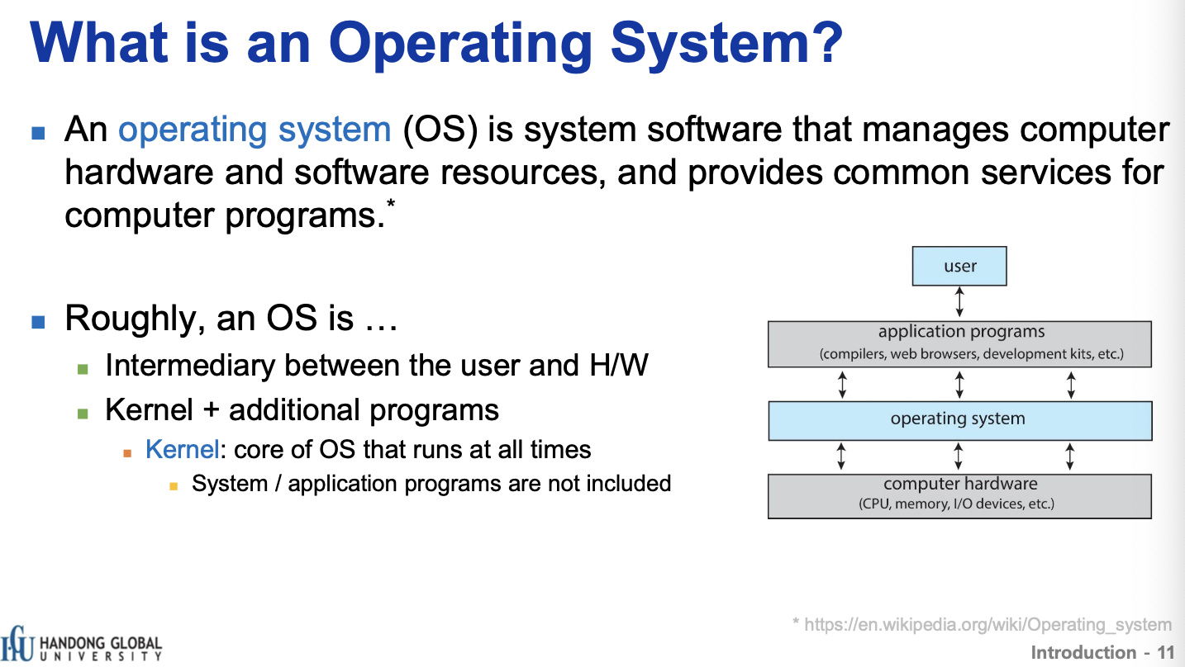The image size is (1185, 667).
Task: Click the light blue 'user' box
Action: tap(959, 266)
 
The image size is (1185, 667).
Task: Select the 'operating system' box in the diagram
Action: tap(959, 421)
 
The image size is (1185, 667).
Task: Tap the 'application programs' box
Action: tap(959, 344)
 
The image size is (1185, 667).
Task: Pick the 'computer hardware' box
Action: tap(959, 496)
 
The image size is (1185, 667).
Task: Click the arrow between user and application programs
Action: tap(959, 302)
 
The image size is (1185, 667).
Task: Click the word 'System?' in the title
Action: tap(726, 44)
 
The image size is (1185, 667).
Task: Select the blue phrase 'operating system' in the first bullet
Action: tap(255, 130)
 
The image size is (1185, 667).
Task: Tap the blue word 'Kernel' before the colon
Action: tap(182, 449)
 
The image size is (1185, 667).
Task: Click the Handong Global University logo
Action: tap(81, 644)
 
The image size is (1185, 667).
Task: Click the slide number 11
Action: tap(1165, 653)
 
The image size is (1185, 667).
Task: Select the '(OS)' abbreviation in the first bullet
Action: tap(440, 130)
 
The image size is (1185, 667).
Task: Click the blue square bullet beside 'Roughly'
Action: tap(38, 321)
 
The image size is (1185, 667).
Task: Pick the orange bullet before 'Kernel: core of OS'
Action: tap(127, 453)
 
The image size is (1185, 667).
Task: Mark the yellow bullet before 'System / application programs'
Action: tap(174, 486)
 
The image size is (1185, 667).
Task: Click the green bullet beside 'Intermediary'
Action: tap(83, 369)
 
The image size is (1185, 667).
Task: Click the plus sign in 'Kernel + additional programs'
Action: tap(211, 410)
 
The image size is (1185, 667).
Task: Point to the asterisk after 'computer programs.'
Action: tap(391, 203)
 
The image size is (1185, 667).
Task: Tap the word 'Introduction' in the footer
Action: tap(1083, 653)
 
